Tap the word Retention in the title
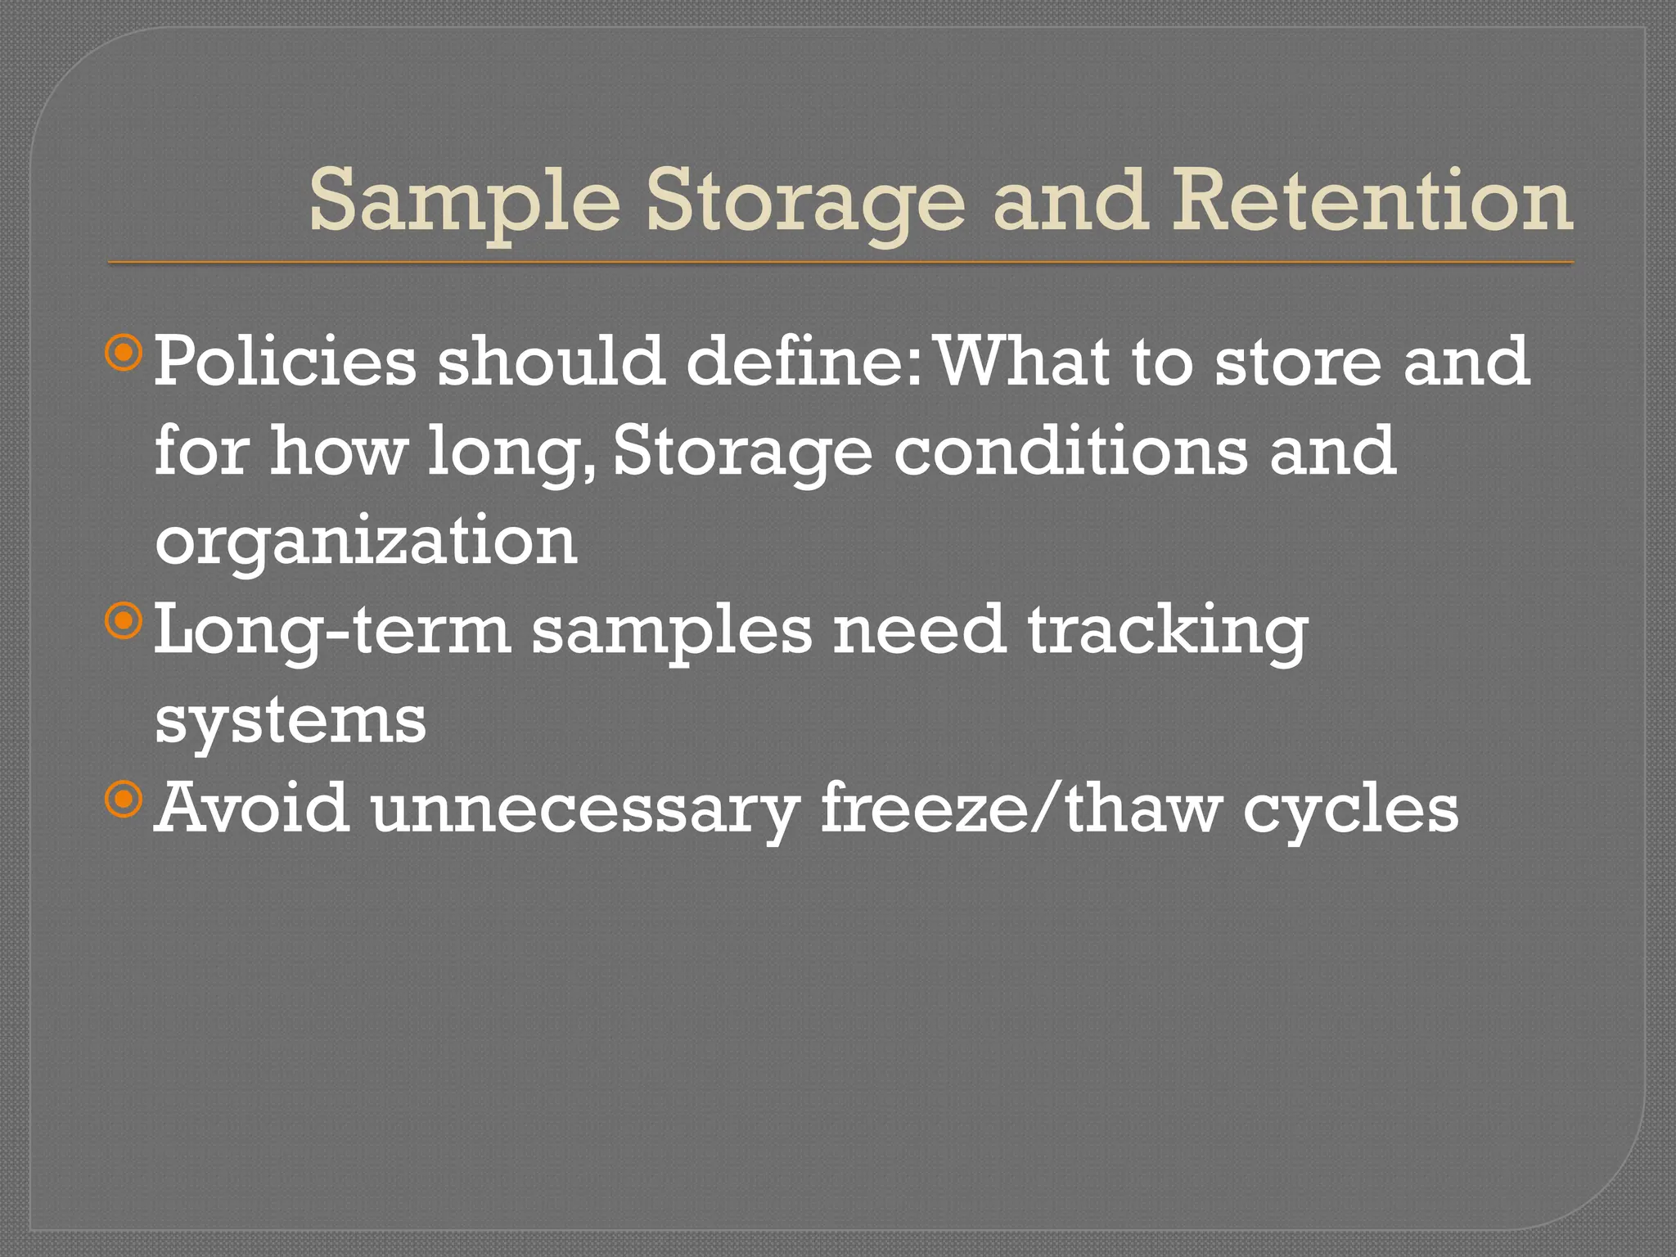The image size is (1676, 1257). click(1371, 200)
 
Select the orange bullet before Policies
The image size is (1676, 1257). click(124, 354)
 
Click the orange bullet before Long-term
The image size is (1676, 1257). click(124, 623)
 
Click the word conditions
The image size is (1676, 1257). click(1070, 452)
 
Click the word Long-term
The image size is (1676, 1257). click(332, 632)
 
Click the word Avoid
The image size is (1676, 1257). click(252, 809)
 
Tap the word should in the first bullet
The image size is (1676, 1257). click(550, 362)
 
